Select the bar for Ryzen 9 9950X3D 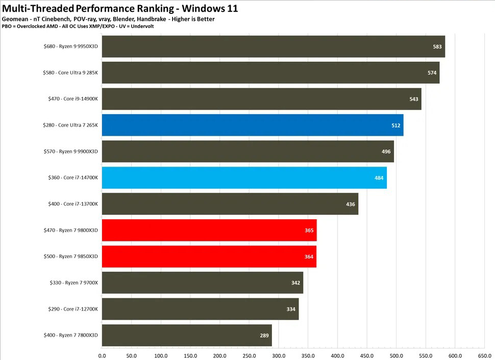(x=273, y=46)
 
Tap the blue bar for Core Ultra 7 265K (x=253, y=125)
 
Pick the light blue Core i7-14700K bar (x=244, y=177)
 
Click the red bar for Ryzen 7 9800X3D (x=209, y=230)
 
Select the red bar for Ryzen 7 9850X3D (x=209, y=256)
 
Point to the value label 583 (x=437, y=46)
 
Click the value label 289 (x=264, y=335)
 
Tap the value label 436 (x=351, y=204)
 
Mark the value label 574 (x=432, y=73)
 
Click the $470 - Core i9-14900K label (x=70, y=99)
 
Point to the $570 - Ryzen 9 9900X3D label (x=70, y=151)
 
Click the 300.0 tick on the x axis (x=279, y=355)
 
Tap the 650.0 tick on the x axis (x=485, y=355)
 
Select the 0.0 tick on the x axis (x=102, y=355)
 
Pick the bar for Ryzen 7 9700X (x=203, y=282)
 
